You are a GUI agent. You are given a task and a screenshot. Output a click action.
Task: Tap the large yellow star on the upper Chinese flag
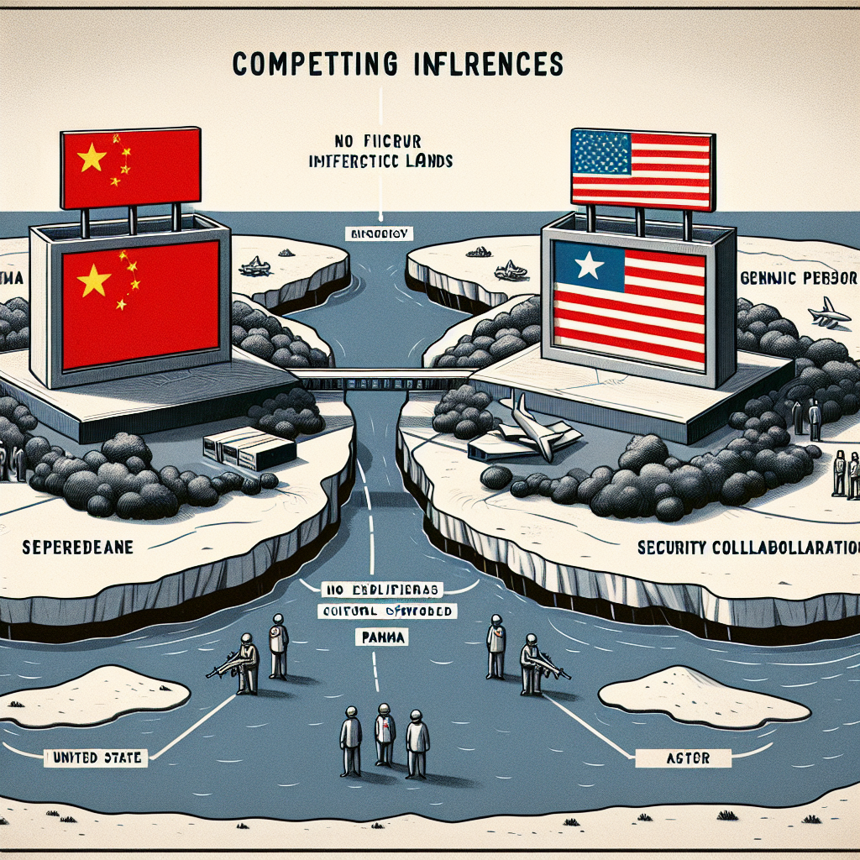92,157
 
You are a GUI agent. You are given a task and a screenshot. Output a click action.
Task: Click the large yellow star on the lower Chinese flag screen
93,279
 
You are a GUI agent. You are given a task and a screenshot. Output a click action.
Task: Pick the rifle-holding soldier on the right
532,664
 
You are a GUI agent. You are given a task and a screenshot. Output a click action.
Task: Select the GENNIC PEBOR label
798,279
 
